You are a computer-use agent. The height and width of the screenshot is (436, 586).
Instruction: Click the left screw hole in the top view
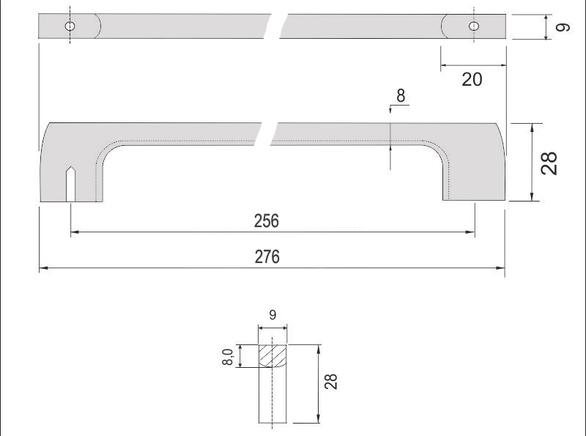70,26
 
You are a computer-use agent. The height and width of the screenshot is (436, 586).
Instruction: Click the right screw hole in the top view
474,26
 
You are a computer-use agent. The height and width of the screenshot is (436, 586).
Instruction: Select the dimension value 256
267,221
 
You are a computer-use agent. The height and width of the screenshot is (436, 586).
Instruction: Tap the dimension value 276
267,257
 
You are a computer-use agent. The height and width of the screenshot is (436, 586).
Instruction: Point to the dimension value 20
472,80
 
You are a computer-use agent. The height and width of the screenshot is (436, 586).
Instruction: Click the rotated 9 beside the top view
563,27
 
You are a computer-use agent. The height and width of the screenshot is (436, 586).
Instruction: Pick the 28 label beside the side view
549,163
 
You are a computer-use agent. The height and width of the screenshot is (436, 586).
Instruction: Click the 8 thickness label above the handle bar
401,96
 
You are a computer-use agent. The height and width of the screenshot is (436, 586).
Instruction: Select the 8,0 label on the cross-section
228,356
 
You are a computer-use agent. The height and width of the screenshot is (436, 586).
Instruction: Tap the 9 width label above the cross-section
272,315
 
